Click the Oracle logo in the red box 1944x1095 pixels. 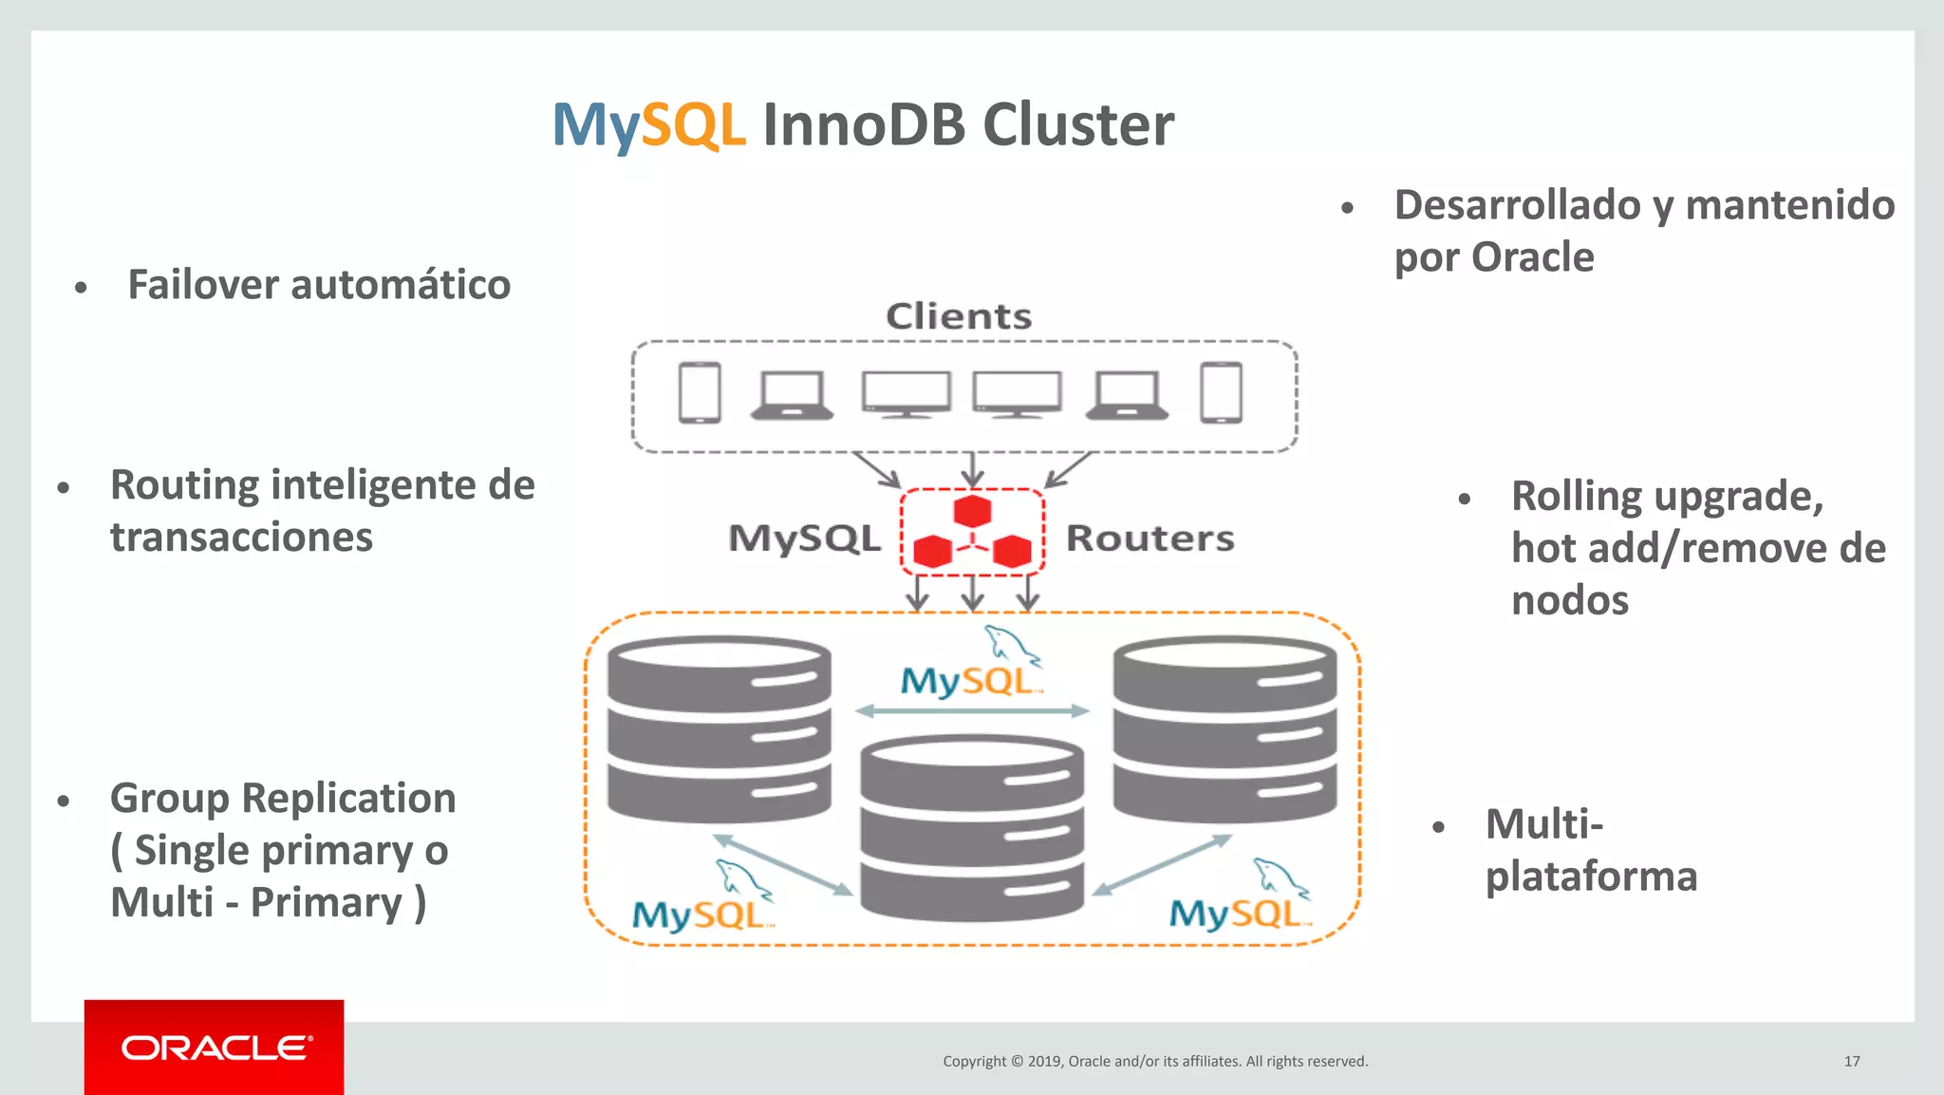pyautogui.click(x=215, y=1048)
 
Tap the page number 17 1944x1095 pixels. pyautogui.click(x=1851, y=1061)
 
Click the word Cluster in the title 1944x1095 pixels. pyautogui.click(x=1078, y=125)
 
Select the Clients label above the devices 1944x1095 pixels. pyautogui.click(x=959, y=316)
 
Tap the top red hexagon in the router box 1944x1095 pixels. pyautogui.click(x=972, y=511)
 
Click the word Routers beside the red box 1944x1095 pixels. pyautogui.click(x=1150, y=538)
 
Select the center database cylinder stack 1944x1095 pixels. pyautogui.click(x=971, y=828)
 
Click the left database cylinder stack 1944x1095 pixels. pyautogui.click(x=720, y=729)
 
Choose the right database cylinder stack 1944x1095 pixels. pyautogui.click(x=1224, y=729)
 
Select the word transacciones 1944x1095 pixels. pyautogui.click(x=241, y=538)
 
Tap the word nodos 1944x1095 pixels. pyautogui.click(x=1569, y=600)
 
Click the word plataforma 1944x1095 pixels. pyautogui.click(x=1591, y=876)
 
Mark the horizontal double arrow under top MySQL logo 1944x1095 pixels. pyautogui.click(x=972, y=710)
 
